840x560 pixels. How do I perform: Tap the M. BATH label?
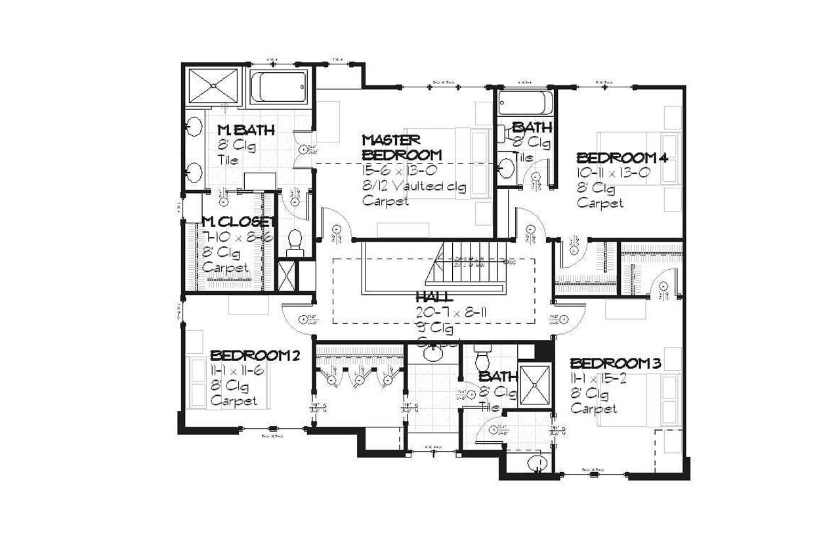(245, 129)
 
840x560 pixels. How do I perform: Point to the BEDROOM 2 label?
(255, 356)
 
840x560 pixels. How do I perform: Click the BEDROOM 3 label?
(615, 364)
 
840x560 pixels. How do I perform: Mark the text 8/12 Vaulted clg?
(414, 186)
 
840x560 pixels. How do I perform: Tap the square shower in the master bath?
(213, 85)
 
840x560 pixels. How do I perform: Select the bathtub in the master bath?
(278, 87)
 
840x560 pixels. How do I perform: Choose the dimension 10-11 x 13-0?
(613, 173)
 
